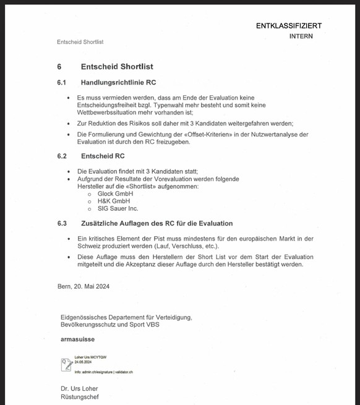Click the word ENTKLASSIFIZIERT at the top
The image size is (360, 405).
coord(289,26)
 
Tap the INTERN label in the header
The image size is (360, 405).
coord(301,36)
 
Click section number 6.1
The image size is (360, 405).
coord(62,82)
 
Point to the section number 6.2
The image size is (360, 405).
coord(62,156)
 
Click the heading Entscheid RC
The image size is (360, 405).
coord(103,156)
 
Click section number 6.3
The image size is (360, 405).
coord(62,223)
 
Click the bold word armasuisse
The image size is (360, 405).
coord(78,339)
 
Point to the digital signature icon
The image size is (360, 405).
coord(66,364)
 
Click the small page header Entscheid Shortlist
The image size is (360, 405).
coord(80,42)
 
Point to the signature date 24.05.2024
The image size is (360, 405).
coord(84,362)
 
